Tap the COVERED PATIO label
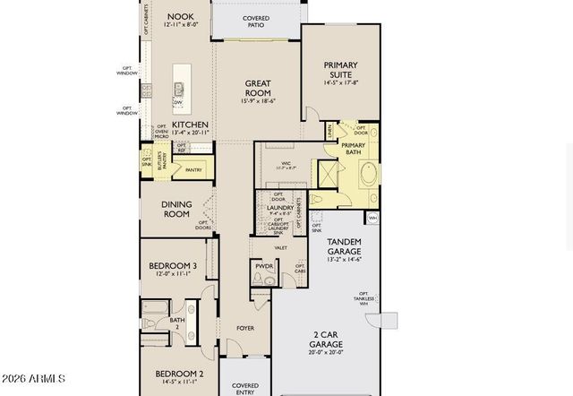256,22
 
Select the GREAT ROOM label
258,88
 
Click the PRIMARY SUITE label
340,69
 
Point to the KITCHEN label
190,125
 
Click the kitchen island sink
179,88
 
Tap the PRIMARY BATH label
353,150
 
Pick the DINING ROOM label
176,210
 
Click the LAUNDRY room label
280,208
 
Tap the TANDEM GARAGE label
345,246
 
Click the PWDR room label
263,265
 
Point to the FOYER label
245,328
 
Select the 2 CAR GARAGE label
326,340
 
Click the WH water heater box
372,218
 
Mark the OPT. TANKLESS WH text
364,298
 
